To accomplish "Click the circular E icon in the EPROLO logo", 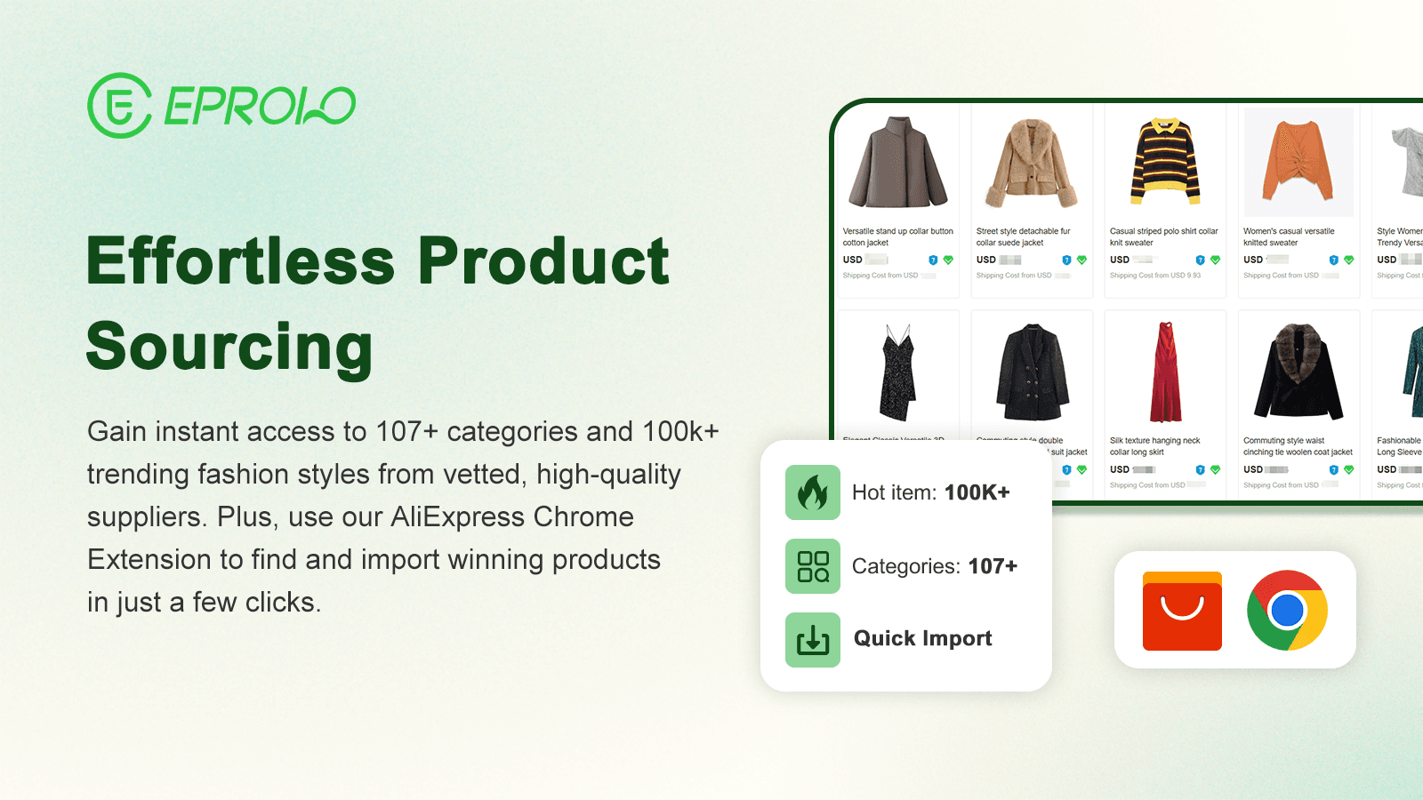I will pyautogui.click(x=119, y=106).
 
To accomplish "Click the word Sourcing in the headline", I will pyautogui.click(x=229, y=347).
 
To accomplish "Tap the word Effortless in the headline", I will pyautogui.click(x=241, y=261).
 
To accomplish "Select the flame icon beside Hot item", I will pyautogui.click(x=812, y=492).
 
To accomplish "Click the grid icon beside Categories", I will pyautogui.click(x=812, y=566).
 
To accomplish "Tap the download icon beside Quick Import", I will pyautogui.click(x=812, y=639).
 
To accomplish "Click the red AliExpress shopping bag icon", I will pyautogui.click(x=1182, y=611).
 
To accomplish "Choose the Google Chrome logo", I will pyautogui.click(x=1287, y=611).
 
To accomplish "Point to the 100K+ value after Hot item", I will pyautogui.click(x=977, y=492).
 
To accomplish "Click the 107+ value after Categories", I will pyautogui.click(x=993, y=566).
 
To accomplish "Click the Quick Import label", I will pyautogui.click(x=922, y=638).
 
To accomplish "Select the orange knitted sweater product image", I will pyautogui.click(x=1298, y=163).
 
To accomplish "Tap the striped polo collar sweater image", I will pyautogui.click(x=1165, y=163).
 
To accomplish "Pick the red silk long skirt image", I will pyautogui.click(x=1165, y=372).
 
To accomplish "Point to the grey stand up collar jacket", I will pyautogui.click(x=898, y=163).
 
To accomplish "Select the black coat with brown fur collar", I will pyautogui.click(x=1298, y=372).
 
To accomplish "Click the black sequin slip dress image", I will pyautogui.click(x=898, y=372).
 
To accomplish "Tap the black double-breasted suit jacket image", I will pyautogui.click(x=1032, y=372).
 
